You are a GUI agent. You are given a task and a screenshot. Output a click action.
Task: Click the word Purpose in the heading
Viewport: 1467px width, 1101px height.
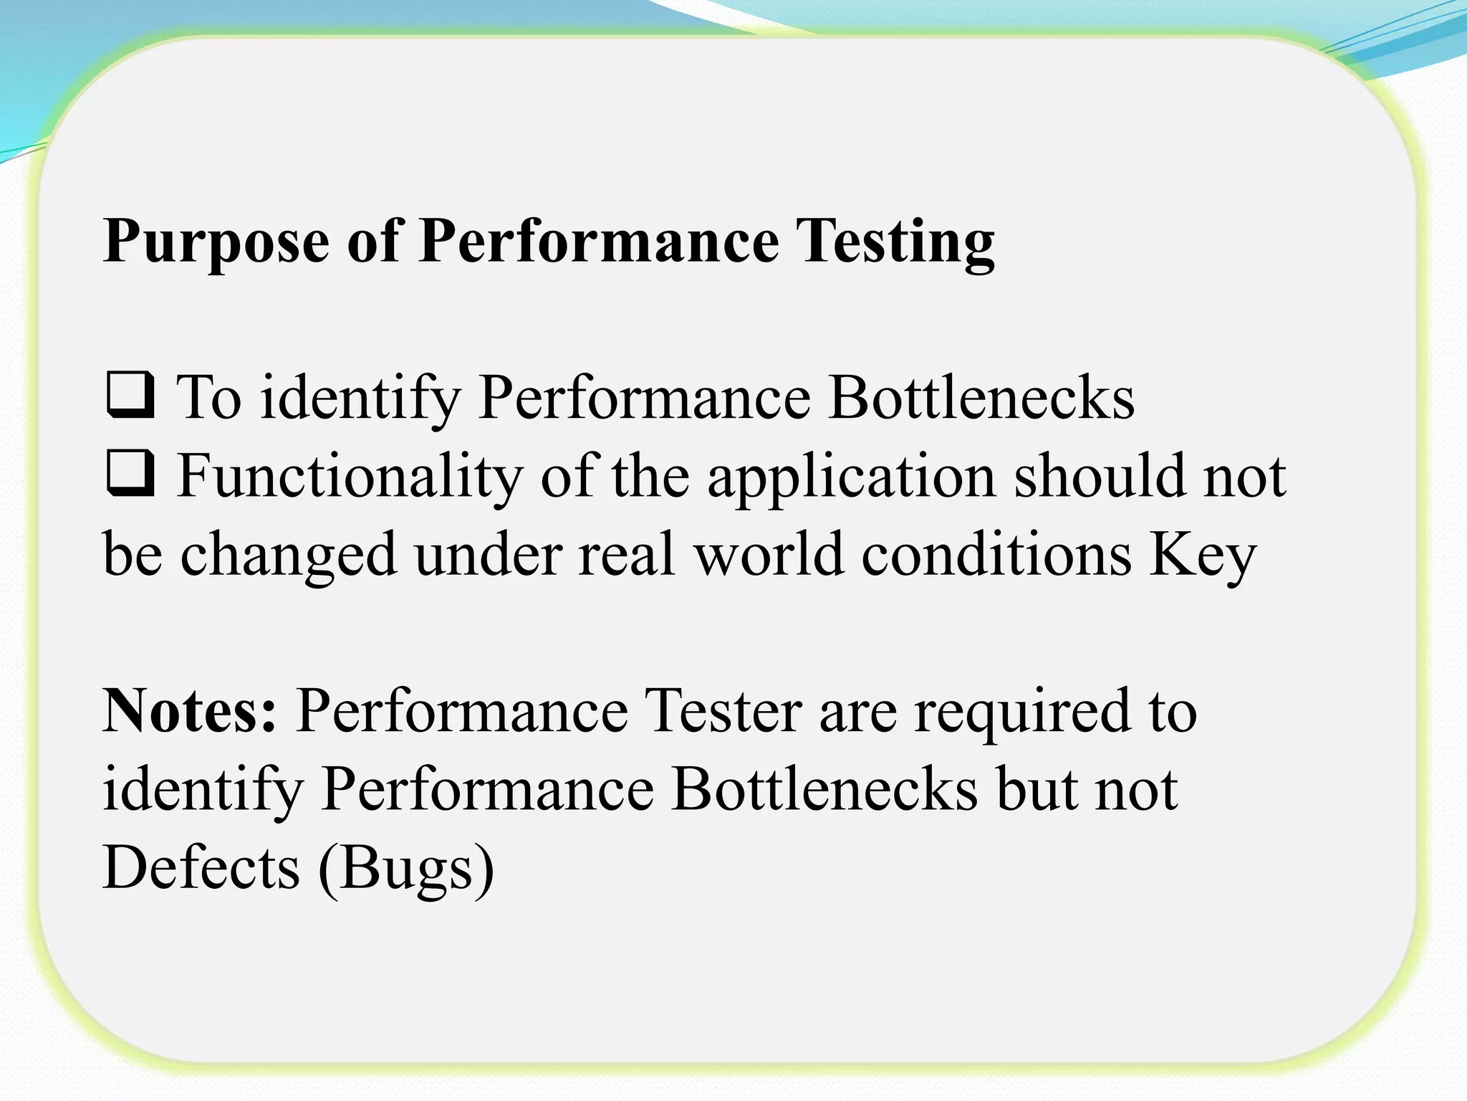point(216,242)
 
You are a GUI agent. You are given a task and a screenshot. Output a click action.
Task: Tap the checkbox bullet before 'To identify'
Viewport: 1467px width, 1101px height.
point(130,394)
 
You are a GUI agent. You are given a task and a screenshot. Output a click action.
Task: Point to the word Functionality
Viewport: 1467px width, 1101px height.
point(350,476)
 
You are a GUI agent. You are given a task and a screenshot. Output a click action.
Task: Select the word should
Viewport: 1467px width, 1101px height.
point(1100,476)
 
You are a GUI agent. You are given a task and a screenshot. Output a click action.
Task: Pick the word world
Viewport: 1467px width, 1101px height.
point(769,555)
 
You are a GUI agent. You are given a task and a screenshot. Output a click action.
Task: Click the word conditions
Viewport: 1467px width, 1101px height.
point(996,555)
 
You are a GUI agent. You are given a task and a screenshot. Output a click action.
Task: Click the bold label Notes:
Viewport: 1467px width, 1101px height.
point(190,711)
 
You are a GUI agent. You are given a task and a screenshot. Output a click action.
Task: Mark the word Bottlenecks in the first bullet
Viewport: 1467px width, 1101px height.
point(981,397)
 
